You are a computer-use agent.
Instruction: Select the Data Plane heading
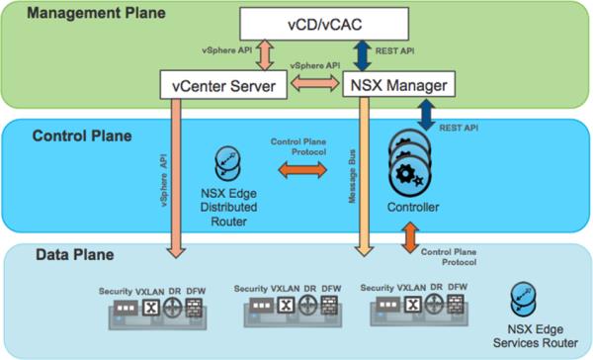[62, 254]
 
